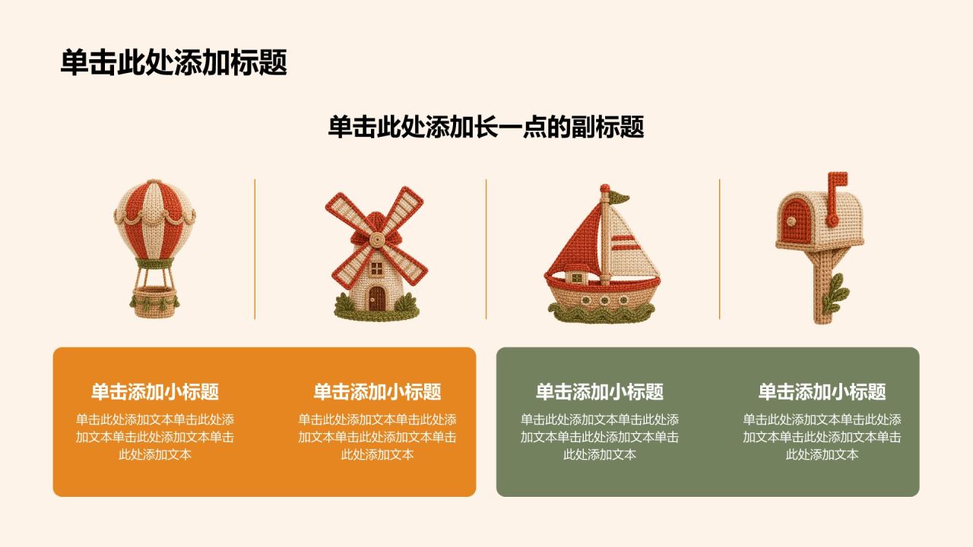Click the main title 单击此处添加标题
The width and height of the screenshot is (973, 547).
[173, 62]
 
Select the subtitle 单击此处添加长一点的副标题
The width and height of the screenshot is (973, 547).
[486, 127]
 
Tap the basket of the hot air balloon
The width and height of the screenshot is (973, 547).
[154, 302]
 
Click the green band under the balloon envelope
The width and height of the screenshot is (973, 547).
[154, 263]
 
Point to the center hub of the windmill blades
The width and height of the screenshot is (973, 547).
[376, 239]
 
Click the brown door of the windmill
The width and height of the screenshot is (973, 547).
[376, 299]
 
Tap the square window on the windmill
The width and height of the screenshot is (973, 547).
[376, 268]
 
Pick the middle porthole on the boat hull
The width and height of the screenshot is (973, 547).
[604, 300]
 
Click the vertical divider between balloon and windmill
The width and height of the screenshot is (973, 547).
[255, 249]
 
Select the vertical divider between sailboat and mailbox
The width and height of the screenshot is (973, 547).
[719, 249]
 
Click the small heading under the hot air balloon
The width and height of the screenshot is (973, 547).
[154, 391]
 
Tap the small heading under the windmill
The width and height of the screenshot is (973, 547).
[377, 391]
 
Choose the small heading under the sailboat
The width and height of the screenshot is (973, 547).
[600, 391]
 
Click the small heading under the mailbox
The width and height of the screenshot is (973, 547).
[822, 391]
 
